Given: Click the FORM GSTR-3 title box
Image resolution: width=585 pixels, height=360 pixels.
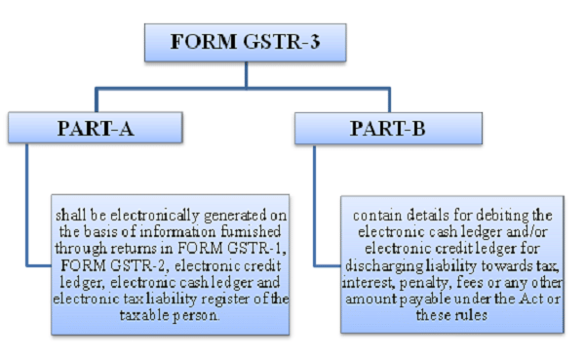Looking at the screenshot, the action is coord(245,43).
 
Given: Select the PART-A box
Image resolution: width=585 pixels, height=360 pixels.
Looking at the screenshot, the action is coord(96,128).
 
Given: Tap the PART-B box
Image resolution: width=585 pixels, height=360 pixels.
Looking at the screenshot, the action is coord(388,129).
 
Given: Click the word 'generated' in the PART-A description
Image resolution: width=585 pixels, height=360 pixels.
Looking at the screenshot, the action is coord(235,216).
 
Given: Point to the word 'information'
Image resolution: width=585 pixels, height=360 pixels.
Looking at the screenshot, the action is coord(177,232).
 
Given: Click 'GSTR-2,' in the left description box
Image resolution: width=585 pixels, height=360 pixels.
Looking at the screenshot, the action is coord(140,265).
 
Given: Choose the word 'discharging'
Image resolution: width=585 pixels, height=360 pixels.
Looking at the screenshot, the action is coord(384,266).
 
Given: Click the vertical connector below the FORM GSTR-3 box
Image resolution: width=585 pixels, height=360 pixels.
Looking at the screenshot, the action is coord(247,75).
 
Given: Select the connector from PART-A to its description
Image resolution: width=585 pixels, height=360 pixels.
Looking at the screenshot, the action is coord(27,206).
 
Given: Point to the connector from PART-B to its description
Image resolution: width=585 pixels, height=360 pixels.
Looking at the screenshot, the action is coord(315,207).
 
